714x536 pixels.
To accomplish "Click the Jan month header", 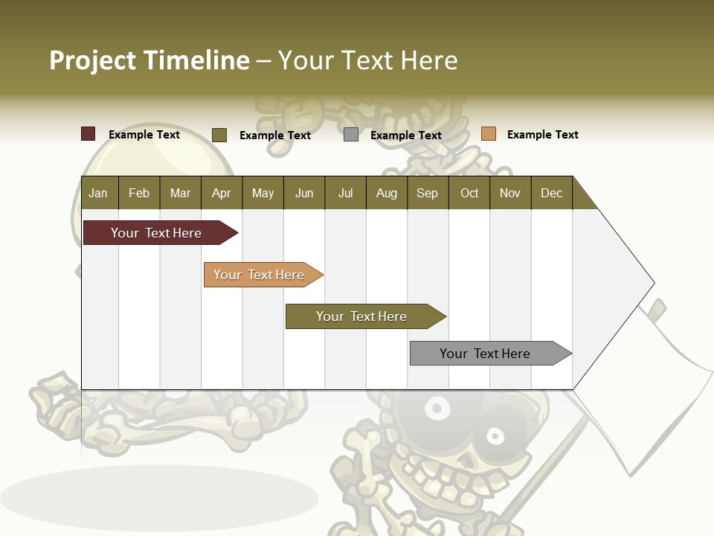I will [98, 193].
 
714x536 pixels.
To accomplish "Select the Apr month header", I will [221, 193].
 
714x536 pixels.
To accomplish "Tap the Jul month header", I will [345, 193].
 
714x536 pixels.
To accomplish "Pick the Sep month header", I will [427, 193].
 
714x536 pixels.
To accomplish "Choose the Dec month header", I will [551, 193].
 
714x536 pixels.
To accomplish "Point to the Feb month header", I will [139, 193].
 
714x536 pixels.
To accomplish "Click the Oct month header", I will [469, 193].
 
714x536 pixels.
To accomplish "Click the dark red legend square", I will [89, 134].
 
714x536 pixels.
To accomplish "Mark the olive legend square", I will [219, 135].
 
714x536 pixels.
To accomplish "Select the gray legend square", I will [351, 135].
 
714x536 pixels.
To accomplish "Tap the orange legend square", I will [488, 134].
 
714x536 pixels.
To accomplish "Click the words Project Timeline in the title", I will [149, 60].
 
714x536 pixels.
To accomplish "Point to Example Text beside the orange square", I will [542, 135].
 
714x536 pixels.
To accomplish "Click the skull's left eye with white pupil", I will [437, 408].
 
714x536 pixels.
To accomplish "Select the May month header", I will [263, 193].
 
